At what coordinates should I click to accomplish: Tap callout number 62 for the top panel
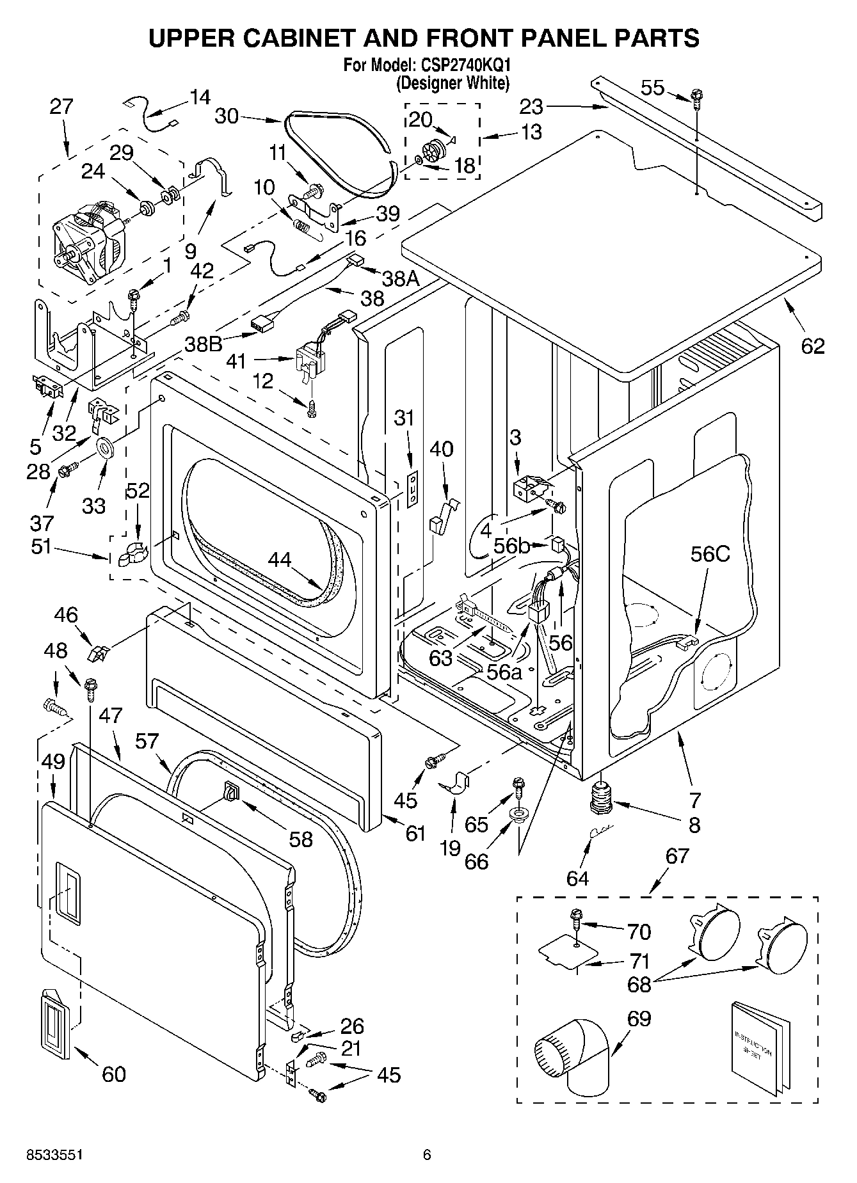tap(813, 346)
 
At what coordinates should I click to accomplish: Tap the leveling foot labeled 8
tap(600, 798)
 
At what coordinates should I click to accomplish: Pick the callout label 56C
tap(710, 554)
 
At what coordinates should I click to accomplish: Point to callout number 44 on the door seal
tap(280, 559)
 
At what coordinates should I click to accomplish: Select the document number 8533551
tap(54, 1154)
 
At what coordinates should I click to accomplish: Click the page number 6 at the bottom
tap(427, 1154)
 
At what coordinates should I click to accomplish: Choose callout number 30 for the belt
tap(227, 116)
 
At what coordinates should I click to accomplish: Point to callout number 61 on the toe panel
tap(415, 832)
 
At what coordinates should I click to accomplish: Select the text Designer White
tap(453, 83)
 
